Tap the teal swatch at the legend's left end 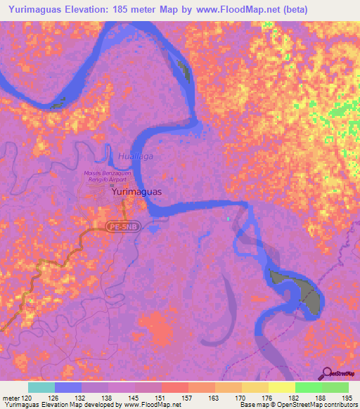click(41, 387)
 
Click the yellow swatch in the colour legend click(281, 387)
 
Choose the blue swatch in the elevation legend click(68, 387)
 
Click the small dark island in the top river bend click(184, 70)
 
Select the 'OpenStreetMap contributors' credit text click(320, 405)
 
